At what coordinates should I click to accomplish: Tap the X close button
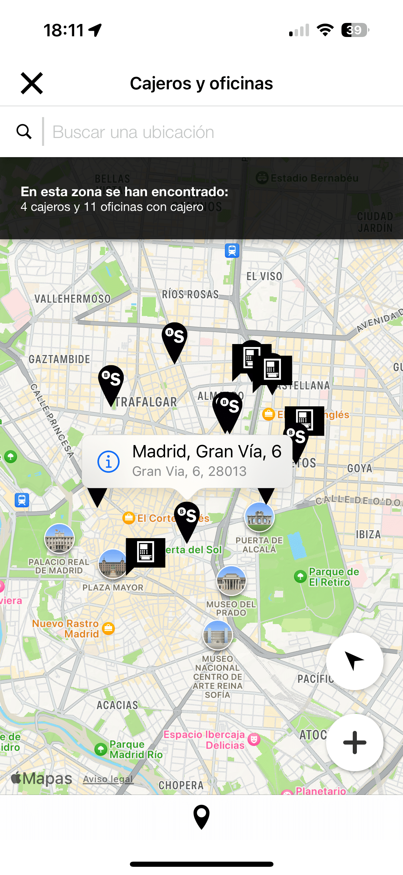click(x=32, y=83)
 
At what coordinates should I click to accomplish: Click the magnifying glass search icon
click(x=24, y=131)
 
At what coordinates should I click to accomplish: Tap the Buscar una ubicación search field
click(x=205, y=132)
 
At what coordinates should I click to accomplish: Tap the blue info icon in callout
click(x=108, y=462)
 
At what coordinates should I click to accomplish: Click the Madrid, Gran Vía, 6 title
click(x=206, y=451)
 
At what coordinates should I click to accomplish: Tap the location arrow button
click(x=354, y=661)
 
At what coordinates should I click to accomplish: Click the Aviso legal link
click(x=108, y=779)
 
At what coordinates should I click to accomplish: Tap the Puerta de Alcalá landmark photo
click(x=259, y=517)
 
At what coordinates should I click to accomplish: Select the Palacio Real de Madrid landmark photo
click(x=59, y=538)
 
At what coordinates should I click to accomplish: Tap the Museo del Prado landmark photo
click(x=231, y=581)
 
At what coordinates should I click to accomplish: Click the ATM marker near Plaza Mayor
click(x=146, y=551)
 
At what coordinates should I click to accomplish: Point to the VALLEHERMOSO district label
click(x=72, y=299)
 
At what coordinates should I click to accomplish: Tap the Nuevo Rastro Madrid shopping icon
click(x=108, y=628)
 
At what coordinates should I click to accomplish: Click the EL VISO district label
click(x=264, y=276)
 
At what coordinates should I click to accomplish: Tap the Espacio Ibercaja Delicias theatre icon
click(x=254, y=740)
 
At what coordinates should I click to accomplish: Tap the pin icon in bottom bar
click(x=201, y=817)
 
